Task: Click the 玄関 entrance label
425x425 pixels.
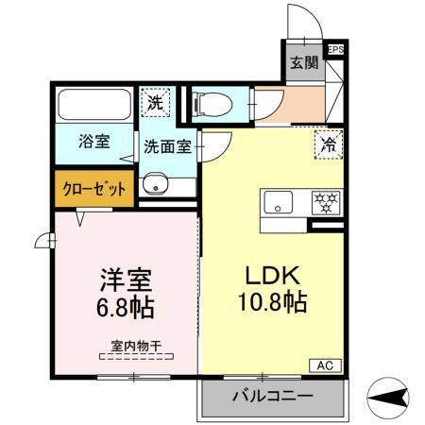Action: click(x=302, y=64)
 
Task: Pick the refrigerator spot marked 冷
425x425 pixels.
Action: click(x=329, y=145)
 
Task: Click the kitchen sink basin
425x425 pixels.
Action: click(x=280, y=201)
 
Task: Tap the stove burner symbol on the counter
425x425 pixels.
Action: click(x=325, y=201)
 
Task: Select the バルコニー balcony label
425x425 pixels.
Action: click(x=272, y=396)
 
